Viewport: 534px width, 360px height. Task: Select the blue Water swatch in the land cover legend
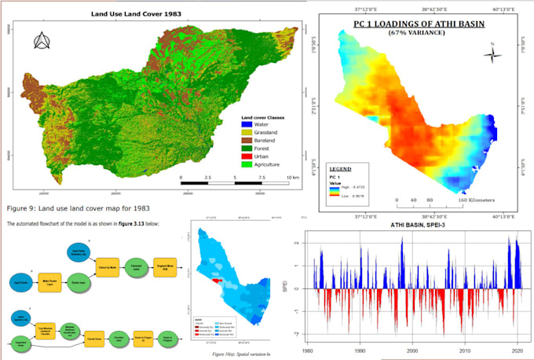click(247, 123)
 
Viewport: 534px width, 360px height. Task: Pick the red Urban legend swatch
click(247, 156)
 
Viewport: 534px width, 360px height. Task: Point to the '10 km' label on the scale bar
click(291, 179)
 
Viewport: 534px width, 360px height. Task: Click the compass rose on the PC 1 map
click(493, 54)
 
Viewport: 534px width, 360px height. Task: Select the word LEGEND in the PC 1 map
click(341, 169)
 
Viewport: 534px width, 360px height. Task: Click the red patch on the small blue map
click(219, 279)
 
